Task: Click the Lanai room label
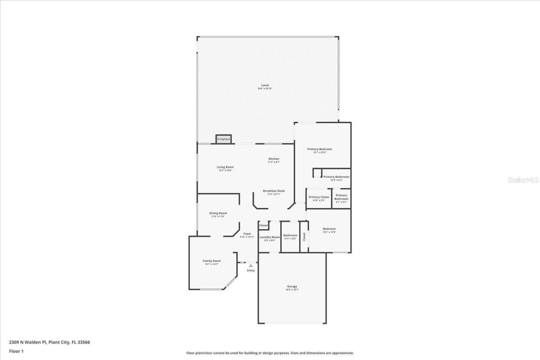click(265, 85)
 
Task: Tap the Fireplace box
click(224, 139)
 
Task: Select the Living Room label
click(225, 167)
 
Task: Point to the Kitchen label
click(273, 159)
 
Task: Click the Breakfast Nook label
click(274, 191)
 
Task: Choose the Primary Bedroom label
click(319, 149)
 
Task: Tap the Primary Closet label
click(319, 197)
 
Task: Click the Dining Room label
click(218, 213)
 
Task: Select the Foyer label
click(247, 234)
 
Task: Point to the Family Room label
click(211, 261)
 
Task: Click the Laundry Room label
click(270, 237)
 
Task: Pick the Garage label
click(292, 287)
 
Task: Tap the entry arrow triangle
click(251, 266)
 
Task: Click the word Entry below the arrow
click(251, 271)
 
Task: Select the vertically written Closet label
click(304, 236)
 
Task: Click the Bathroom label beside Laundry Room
click(290, 236)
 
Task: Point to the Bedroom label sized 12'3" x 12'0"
click(329, 229)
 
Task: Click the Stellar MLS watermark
click(523, 180)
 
